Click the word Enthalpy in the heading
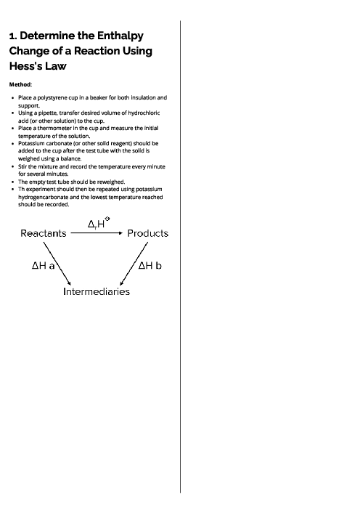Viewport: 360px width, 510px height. [x=120, y=36]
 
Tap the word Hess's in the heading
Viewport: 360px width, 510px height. [x=26, y=66]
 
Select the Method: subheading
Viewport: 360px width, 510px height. [x=20, y=85]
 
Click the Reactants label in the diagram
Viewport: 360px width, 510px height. [x=44, y=233]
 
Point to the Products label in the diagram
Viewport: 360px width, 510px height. [x=147, y=233]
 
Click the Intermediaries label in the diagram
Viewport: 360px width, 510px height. [x=97, y=291]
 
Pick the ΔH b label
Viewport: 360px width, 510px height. [x=150, y=266]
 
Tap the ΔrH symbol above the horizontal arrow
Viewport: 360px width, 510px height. [x=97, y=224]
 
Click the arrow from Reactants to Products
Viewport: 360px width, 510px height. [x=97, y=233]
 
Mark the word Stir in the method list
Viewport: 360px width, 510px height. [x=22, y=166]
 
